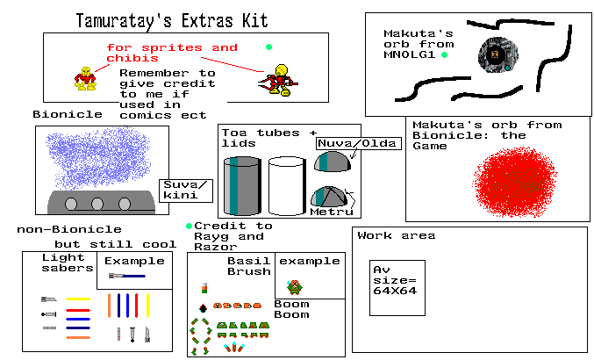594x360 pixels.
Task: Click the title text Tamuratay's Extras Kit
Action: click(x=171, y=18)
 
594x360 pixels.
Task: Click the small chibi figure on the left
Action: click(x=85, y=77)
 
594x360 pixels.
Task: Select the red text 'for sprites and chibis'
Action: click(x=171, y=52)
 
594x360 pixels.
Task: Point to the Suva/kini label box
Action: click(x=186, y=190)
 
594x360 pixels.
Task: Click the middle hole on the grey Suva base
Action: click(x=97, y=205)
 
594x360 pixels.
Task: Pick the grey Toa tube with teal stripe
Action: click(x=242, y=185)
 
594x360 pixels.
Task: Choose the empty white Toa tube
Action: click(x=286, y=185)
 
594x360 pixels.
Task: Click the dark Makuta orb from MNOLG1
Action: click(x=495, y=56)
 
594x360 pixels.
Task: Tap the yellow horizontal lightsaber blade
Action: click(x=79, y=299)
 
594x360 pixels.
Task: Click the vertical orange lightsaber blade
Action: click(x=110, y=306)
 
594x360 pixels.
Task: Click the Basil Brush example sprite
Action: click(x=297, y=285)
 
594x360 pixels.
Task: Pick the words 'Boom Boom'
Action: click(x=291, y=309)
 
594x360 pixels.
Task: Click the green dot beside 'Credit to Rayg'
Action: click(x=190, y=226)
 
